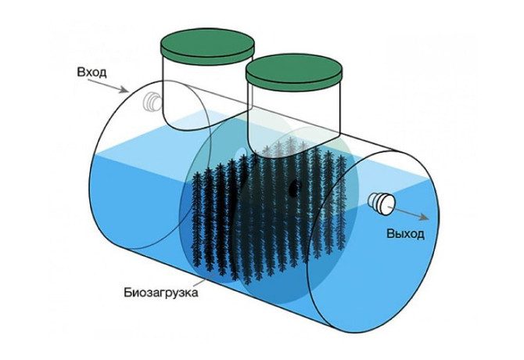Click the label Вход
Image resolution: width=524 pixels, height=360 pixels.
(x=92, y=73)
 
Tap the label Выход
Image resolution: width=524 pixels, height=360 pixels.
(x=406, y=233)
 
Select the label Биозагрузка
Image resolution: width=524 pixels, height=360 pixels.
(x=161, y=293)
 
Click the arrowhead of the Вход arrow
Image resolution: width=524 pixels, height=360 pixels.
(x=125, y=90)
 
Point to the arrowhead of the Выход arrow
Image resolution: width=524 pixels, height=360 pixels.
(x=425, y=217)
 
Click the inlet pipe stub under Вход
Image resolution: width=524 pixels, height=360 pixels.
(x=151, y=101)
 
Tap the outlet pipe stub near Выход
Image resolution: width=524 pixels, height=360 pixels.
(x=382, y=203)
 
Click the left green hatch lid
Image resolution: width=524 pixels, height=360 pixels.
(x=207, y=46)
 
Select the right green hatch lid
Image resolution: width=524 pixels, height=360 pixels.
(x=294, y=74)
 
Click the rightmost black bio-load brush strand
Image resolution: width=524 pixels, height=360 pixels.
(x=341, y=204)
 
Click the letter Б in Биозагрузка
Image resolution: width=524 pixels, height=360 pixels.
(x=128, y=292)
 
